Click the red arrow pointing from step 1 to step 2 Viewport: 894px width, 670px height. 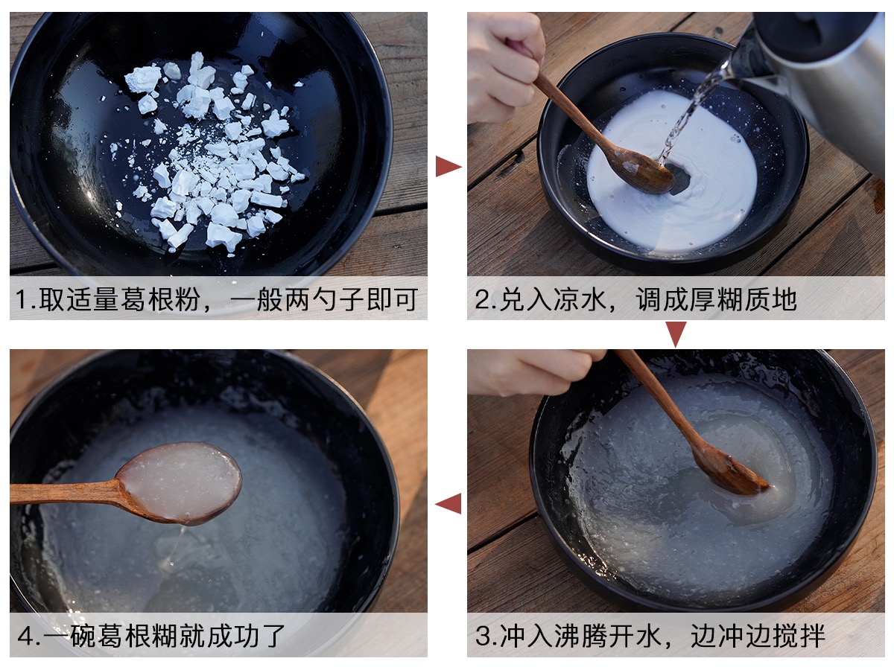coord(447,166)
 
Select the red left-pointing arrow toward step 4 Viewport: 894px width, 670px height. coord(448,503)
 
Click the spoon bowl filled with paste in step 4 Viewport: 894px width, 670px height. coord(180,483)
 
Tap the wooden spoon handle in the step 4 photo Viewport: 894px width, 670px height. coord(65,493)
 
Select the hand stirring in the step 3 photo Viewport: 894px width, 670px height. coord(533,371)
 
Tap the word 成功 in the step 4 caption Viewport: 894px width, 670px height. coord(232,636)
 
